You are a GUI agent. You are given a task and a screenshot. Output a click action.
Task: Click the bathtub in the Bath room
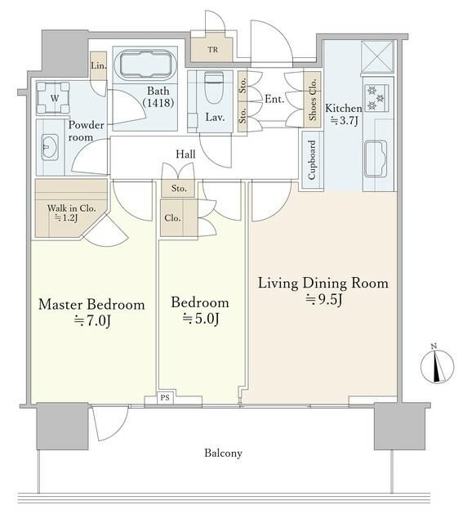tap(145, 65)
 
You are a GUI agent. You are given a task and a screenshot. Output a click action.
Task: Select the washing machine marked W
tap(53, 98)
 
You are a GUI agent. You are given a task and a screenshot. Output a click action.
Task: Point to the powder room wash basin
tap(49, 147)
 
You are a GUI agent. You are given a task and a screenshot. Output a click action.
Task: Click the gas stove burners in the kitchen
tap(376, 98)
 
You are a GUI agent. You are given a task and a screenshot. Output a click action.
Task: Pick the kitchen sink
tap(376, 159)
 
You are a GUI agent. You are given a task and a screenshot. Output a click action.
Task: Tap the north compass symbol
tap(437, 365)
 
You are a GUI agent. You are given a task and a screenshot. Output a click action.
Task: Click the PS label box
tap(165, 398)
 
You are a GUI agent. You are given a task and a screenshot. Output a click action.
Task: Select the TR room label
tap(212, 50)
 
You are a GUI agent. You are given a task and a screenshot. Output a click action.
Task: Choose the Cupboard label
tap(312, 160)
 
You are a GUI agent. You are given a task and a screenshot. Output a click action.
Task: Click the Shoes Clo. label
tap(312, 100)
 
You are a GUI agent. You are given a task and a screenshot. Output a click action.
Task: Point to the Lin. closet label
tap(98, 65)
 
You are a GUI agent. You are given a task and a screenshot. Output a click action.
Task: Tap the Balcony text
tap(223, 453)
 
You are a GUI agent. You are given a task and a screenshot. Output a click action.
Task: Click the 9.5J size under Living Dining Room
tap(323, 300)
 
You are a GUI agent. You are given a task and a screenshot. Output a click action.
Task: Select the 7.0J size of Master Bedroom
tap(92, 321)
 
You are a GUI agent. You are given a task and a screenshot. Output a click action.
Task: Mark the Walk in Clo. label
tap(71, 208)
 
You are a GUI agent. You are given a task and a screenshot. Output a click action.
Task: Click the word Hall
tap(185, 154)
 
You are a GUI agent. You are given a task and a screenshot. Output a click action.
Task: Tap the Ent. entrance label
tap(274, 99)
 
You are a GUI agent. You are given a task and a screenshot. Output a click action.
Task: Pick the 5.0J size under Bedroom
tap(201, 319)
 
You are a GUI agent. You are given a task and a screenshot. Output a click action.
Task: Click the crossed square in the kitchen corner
tap(377, 56)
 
